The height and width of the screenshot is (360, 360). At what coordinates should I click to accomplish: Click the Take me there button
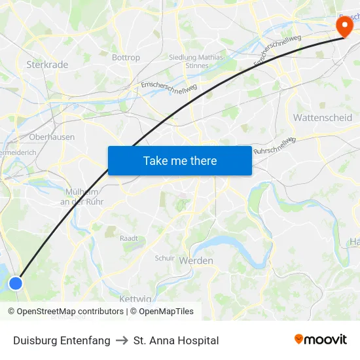point(180,160)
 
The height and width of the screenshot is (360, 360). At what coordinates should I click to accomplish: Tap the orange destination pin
point(343,26)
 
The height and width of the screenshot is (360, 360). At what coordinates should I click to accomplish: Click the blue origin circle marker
point(15,283)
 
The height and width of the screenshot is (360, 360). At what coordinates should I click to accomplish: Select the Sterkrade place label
point(46,65)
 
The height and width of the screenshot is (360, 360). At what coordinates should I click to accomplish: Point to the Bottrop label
point(126,58)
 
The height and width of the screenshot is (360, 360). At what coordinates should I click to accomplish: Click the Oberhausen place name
point(52,137)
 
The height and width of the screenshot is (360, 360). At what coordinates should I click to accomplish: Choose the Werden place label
point(196,261)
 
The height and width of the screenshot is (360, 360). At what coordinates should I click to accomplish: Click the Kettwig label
point(135,298)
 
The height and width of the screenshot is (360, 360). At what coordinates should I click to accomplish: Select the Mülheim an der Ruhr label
point(82,196)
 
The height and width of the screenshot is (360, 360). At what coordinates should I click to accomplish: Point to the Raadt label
point(128,238)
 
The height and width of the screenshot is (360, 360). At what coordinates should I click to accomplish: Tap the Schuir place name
point(165,258)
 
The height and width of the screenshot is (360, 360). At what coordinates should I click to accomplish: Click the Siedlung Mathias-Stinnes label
point(197,62)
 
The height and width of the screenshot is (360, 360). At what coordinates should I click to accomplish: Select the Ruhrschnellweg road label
point(275,145)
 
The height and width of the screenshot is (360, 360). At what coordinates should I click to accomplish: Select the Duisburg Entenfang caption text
point(62,340)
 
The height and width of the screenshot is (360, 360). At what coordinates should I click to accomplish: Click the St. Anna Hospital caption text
point(176,340)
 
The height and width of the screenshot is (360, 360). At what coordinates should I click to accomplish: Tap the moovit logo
point(321,339)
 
